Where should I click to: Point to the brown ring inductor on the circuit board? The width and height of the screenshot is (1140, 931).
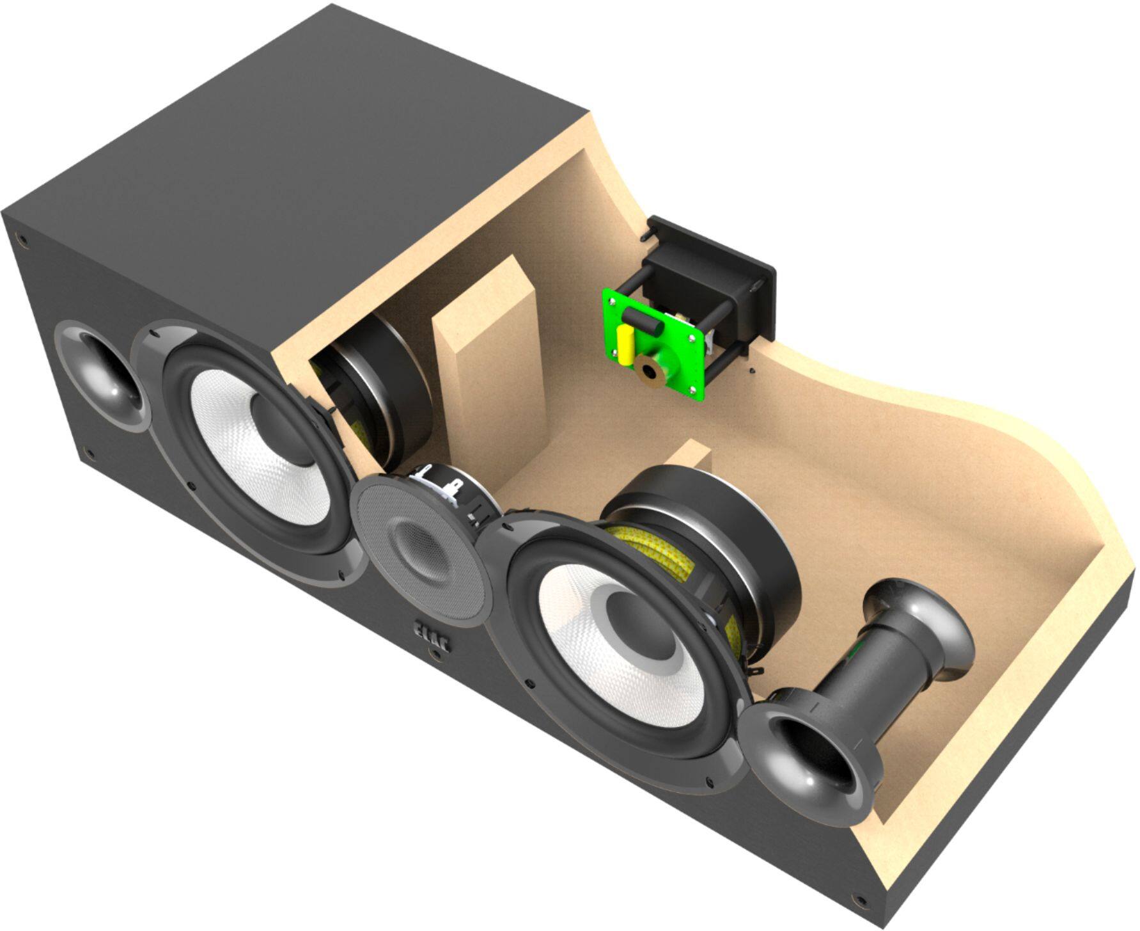click(x=650, y=370)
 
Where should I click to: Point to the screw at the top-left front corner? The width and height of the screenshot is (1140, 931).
click(x=24, y=241)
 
